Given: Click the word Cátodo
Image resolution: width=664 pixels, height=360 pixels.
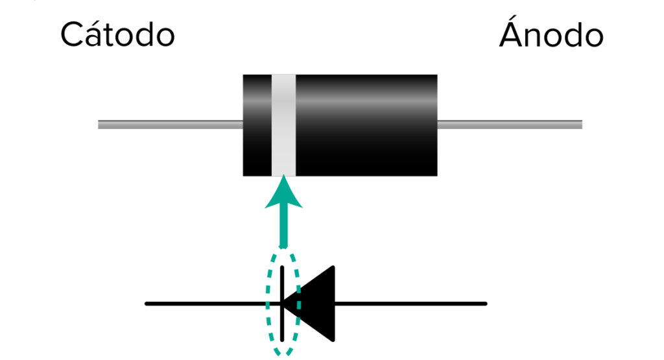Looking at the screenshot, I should click(117, 35).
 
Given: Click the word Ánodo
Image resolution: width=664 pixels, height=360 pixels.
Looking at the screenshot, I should click(551, 35).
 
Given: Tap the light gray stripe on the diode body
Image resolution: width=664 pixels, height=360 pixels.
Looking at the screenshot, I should click(283, 125).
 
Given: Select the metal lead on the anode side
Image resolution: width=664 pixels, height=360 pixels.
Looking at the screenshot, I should click(510, 125).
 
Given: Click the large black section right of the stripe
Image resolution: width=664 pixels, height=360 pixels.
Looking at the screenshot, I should click(366, 125).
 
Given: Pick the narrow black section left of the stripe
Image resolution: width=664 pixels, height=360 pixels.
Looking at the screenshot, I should click(257, 125).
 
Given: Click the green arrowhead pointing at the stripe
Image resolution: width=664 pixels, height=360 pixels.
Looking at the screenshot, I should click(283, 195).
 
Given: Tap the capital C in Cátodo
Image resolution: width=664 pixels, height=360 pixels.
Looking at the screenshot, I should click(73, 36).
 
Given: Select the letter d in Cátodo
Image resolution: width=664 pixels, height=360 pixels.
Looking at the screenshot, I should click(143, 36).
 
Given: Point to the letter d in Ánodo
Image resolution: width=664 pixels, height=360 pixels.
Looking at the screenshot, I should click(571, 36).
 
